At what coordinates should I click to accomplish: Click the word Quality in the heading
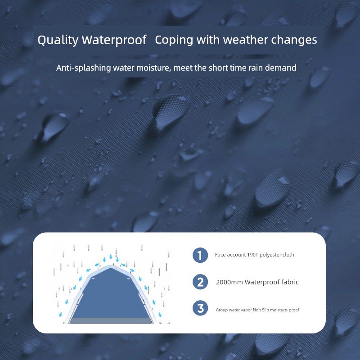pyautogui.click(x=58, y=40)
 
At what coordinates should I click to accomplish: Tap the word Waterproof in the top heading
pyautogui.click(x=114, y=40)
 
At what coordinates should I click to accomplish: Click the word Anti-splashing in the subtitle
pyautogui.click(x=84, y=68)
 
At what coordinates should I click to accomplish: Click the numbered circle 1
pyautogui.click(x=200, y=255)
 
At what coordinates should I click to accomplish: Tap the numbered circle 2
pyautogui.click(x=200, y=282)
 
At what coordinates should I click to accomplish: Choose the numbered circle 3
pyautogui.click(x=200, y=308)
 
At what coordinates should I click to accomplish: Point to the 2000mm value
pyautogui.click(x=229, y=282)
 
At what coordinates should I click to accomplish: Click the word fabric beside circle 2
pyautogui.click(x=290, y=282)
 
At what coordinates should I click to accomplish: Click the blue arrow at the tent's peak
pyautogui.click(x=111, y=256)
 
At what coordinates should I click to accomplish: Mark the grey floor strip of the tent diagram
pyautogui.click(x=111, y=321)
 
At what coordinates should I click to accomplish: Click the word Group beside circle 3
pyautogui.click(x=222, y=310)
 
